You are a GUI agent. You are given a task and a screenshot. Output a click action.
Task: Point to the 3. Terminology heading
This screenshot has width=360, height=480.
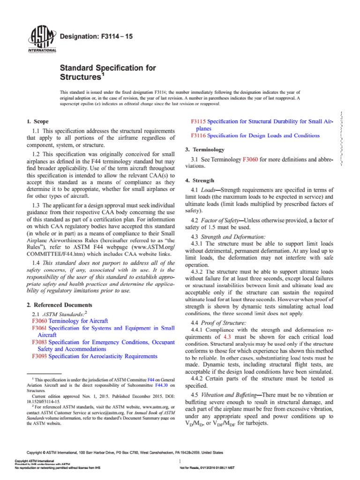tap(206, 149)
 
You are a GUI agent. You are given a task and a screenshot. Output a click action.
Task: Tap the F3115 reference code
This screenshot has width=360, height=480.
tap(199, 121)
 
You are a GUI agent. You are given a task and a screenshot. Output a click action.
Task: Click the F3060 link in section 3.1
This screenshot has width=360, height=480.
tap(249, 160)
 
